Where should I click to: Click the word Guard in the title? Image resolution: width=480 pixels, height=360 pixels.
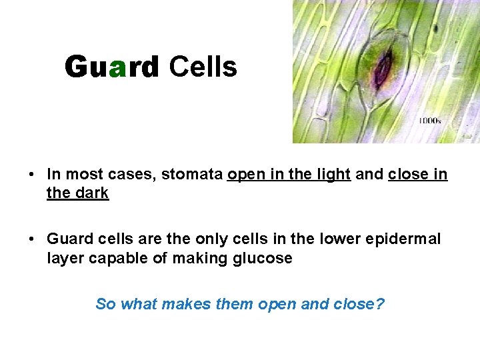click(112, 67)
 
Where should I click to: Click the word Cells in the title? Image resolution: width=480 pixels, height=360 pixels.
click(203, 67)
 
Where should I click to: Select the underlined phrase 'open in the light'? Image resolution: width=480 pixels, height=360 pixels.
click(289, 175)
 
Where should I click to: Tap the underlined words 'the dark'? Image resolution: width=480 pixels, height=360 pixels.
click(77, 193)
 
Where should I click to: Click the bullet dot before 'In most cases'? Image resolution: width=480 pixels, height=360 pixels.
click(32, 175)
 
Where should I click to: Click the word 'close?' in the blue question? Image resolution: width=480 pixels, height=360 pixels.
click(359, 304)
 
